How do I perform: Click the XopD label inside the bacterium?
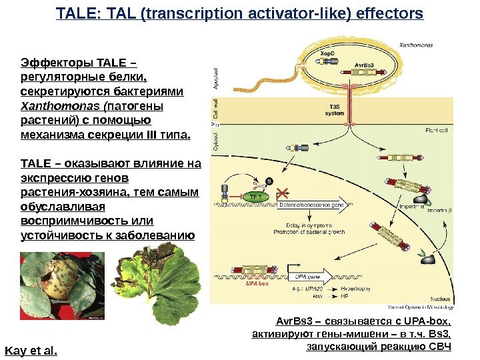[x=327, y=53]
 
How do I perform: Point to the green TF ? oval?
[x=256, y=197]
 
